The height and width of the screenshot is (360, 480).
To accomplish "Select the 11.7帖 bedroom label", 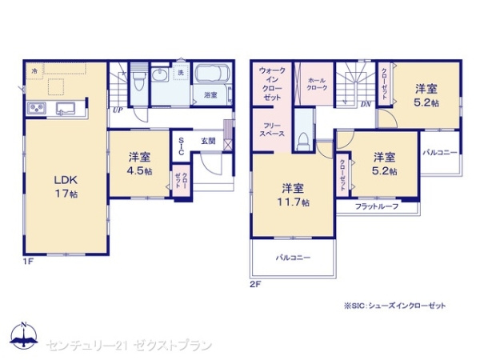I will point(292,195).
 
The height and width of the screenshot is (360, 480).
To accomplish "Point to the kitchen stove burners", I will point(38,109).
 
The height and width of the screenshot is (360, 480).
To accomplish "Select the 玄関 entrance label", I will point(208,142).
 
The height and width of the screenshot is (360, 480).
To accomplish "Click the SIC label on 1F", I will point(182,147).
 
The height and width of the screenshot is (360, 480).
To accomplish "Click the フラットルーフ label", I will point(376,206).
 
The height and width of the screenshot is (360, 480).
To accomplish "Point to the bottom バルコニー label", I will point(293,258).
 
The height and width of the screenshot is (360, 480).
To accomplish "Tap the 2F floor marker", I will point(254,283).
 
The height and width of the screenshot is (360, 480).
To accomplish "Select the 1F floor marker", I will point(26,261).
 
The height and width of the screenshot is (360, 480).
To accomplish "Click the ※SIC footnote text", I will point(394,306).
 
